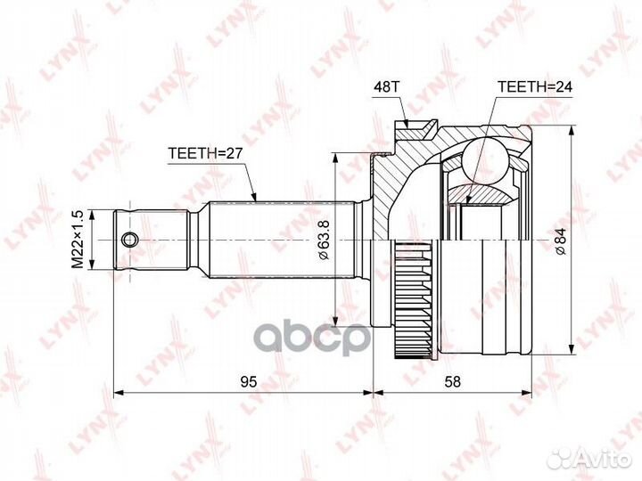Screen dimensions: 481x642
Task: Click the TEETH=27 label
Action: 204,152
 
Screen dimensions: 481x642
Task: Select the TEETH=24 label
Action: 532,87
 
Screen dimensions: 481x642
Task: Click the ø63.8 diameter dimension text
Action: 325,239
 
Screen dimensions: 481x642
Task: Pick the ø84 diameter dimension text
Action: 559,239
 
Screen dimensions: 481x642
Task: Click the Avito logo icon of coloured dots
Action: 561,459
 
